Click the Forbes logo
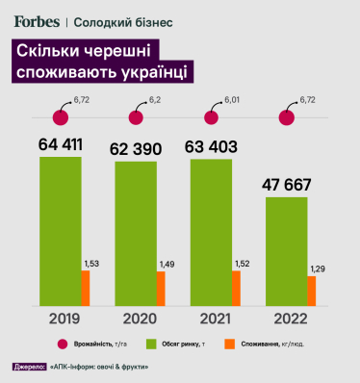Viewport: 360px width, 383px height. pyautogui.click(x=38, y=21)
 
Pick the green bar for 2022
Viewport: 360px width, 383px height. pyautogui.click(x=286, y=250)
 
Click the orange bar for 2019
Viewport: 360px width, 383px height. pyautogui.click(x=85, y=287)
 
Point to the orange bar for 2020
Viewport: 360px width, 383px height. pyautogui.click(x=161, y=288)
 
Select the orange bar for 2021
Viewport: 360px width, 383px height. pyautogui.click(x=236, y=287)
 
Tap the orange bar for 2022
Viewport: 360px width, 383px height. pyautogui.click(x=311, y=290)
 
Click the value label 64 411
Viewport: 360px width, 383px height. pyautogui.click(x=62, y=145)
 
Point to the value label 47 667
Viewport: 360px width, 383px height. pyautogui.click(x=288, y=184)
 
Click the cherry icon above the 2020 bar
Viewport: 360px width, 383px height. pyautogui.click(x=135, y=117)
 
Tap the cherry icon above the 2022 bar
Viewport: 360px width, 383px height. pyautogui.click(x=286, y=117)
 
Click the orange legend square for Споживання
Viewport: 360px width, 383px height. pyautogui.click(x=229, y=344)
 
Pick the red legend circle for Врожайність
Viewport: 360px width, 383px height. pyautogui.click(x=61, y=344)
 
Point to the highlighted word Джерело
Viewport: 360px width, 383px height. pyautogui.click(x=31, y=367)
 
